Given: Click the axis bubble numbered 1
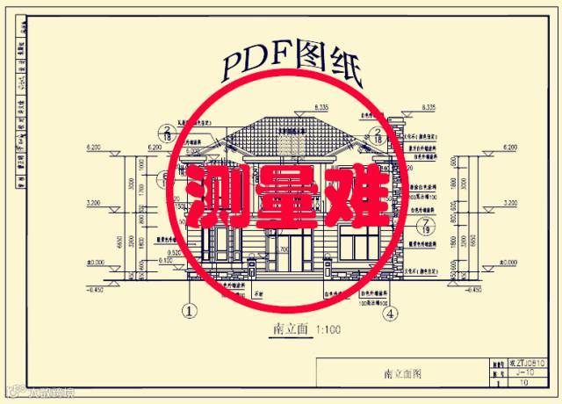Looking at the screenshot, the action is (x=187, y=310).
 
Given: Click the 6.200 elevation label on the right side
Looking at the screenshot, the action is (x=508, y=148).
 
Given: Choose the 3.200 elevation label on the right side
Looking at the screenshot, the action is (x=508, y=203).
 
